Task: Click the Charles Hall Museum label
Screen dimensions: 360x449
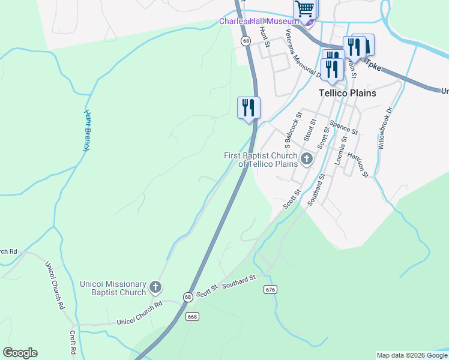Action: click(x=258, y=21)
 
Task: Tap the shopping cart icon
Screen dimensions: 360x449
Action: click(x=305, y=10)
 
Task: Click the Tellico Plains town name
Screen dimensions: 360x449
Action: click(x=346, y=93)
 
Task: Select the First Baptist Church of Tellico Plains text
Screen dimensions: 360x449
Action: click(x=261, y=160)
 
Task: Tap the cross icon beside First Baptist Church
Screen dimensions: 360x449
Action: click(x=307, y=159)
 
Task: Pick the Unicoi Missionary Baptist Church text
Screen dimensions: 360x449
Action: click(x=113, y=288)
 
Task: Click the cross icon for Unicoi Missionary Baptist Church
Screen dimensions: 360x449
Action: click(x=155, y=287)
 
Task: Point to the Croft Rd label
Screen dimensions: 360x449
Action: click(x=72, y=342)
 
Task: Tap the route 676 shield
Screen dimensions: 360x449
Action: click(x=270, y=290)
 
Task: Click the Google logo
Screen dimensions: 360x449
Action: click(x=20, y=353)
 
